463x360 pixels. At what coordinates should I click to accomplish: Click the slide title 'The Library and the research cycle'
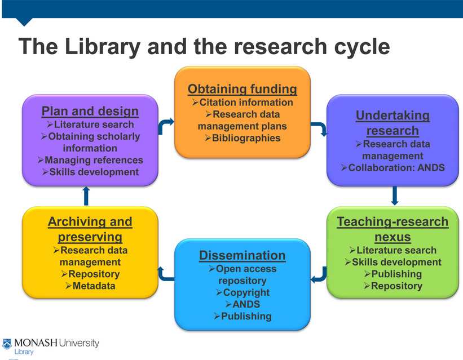(204, 46)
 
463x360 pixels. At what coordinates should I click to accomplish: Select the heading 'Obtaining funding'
(242, 89)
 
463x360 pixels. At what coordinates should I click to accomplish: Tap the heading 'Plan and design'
(90, 111)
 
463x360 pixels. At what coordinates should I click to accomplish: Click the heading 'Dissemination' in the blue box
(242, 256)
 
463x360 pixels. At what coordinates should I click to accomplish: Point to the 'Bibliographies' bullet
(242, 138)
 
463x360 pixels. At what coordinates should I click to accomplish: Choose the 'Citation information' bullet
(242, 103)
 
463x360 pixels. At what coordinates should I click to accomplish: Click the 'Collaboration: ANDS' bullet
(393, 167)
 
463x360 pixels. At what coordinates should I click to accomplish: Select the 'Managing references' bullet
(90, 160)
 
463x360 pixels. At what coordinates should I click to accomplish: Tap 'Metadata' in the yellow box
(90, 286)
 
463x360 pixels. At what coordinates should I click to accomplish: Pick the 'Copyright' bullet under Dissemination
(242, 292)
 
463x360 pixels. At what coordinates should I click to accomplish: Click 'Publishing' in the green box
(393, 274)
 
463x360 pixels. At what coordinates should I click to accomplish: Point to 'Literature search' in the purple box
(90, 125)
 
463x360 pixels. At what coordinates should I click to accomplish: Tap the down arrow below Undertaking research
(394, 195)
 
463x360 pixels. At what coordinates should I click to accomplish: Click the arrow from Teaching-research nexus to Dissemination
(319, 274)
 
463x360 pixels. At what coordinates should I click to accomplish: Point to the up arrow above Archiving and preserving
(86, 195)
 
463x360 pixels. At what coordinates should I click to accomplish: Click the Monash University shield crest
(7, 343)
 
